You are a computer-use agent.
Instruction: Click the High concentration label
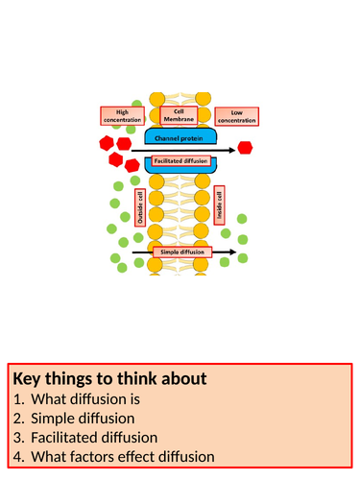point(122,116)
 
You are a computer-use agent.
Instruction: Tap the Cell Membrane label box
point(179,115)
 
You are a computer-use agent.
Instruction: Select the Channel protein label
point(179,138)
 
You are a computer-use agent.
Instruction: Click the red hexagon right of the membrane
point(245,148)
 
